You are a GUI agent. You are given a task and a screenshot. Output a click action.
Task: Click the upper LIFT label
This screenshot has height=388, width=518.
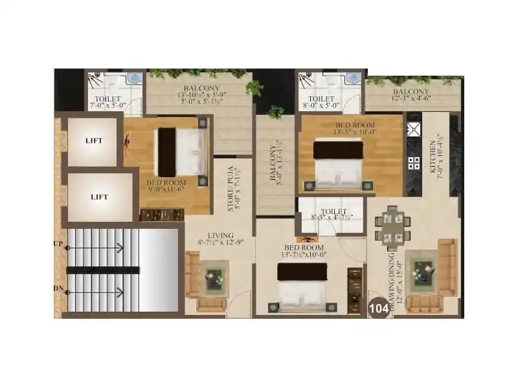pyautogui.click(x=95, y=140)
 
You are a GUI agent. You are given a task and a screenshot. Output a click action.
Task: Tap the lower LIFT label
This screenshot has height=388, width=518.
pyautogui.click(x=98, y=197)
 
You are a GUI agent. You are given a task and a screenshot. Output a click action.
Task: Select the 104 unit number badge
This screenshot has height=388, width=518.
pyautogui.click(x=379, y=308)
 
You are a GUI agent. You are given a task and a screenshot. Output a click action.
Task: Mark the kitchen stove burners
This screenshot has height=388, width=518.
pyautogui.click(x=412, y=162)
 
